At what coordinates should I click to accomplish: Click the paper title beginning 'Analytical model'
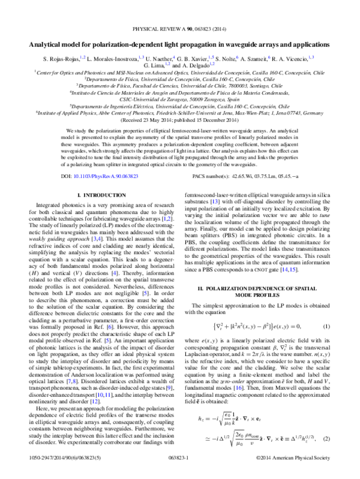pyautogui.click(x=179, y=44)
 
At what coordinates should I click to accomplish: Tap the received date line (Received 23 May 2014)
pyautogui.click(x=179, y=119)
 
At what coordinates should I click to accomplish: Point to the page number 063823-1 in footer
pyautogui.click(x=179, y=472)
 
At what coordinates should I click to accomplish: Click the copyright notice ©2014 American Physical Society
pyautogui.click(x=298, y=472)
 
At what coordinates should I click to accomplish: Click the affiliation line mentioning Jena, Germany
pyautogui.click(x=179, y=112)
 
